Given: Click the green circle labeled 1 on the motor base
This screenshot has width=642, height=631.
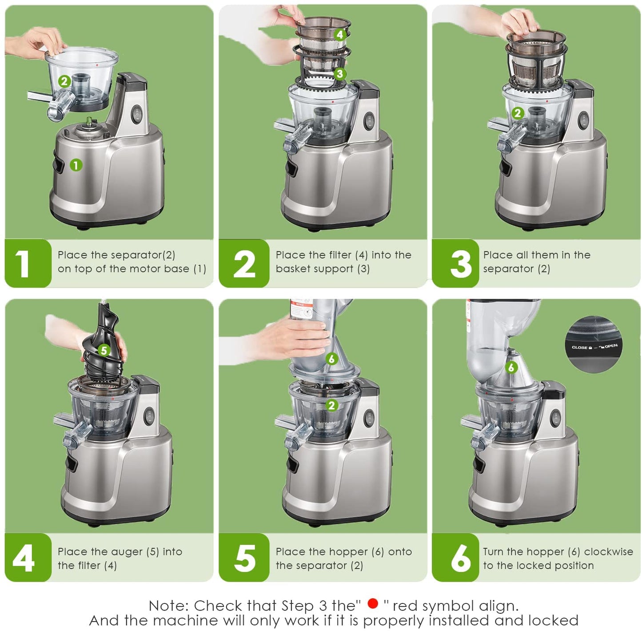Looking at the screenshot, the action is [76, 165].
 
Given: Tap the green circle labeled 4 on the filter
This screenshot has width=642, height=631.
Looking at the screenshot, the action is [339, 34].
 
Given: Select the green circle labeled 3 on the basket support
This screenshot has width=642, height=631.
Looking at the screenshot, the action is [339, 74].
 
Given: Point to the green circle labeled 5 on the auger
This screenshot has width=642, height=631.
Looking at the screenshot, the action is [104, 350].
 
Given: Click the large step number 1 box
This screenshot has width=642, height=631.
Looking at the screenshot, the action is [28, 264].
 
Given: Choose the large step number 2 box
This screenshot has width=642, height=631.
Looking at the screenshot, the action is [244, 264].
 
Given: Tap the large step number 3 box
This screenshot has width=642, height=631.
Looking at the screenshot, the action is [455, 264].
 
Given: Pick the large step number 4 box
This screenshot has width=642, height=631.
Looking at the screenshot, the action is [28, 558].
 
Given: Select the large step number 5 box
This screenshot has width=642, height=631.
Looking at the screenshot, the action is [244, 558].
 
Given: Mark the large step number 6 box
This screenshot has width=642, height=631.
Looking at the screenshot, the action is [455, 558].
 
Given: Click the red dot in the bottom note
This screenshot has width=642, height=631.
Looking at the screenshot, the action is [373, 603].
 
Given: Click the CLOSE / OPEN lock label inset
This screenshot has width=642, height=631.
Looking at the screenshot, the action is [594, 344].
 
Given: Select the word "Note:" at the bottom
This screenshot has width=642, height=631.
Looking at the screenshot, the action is [169, 606].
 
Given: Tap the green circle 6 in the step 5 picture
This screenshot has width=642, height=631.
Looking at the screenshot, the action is [331, 359].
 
